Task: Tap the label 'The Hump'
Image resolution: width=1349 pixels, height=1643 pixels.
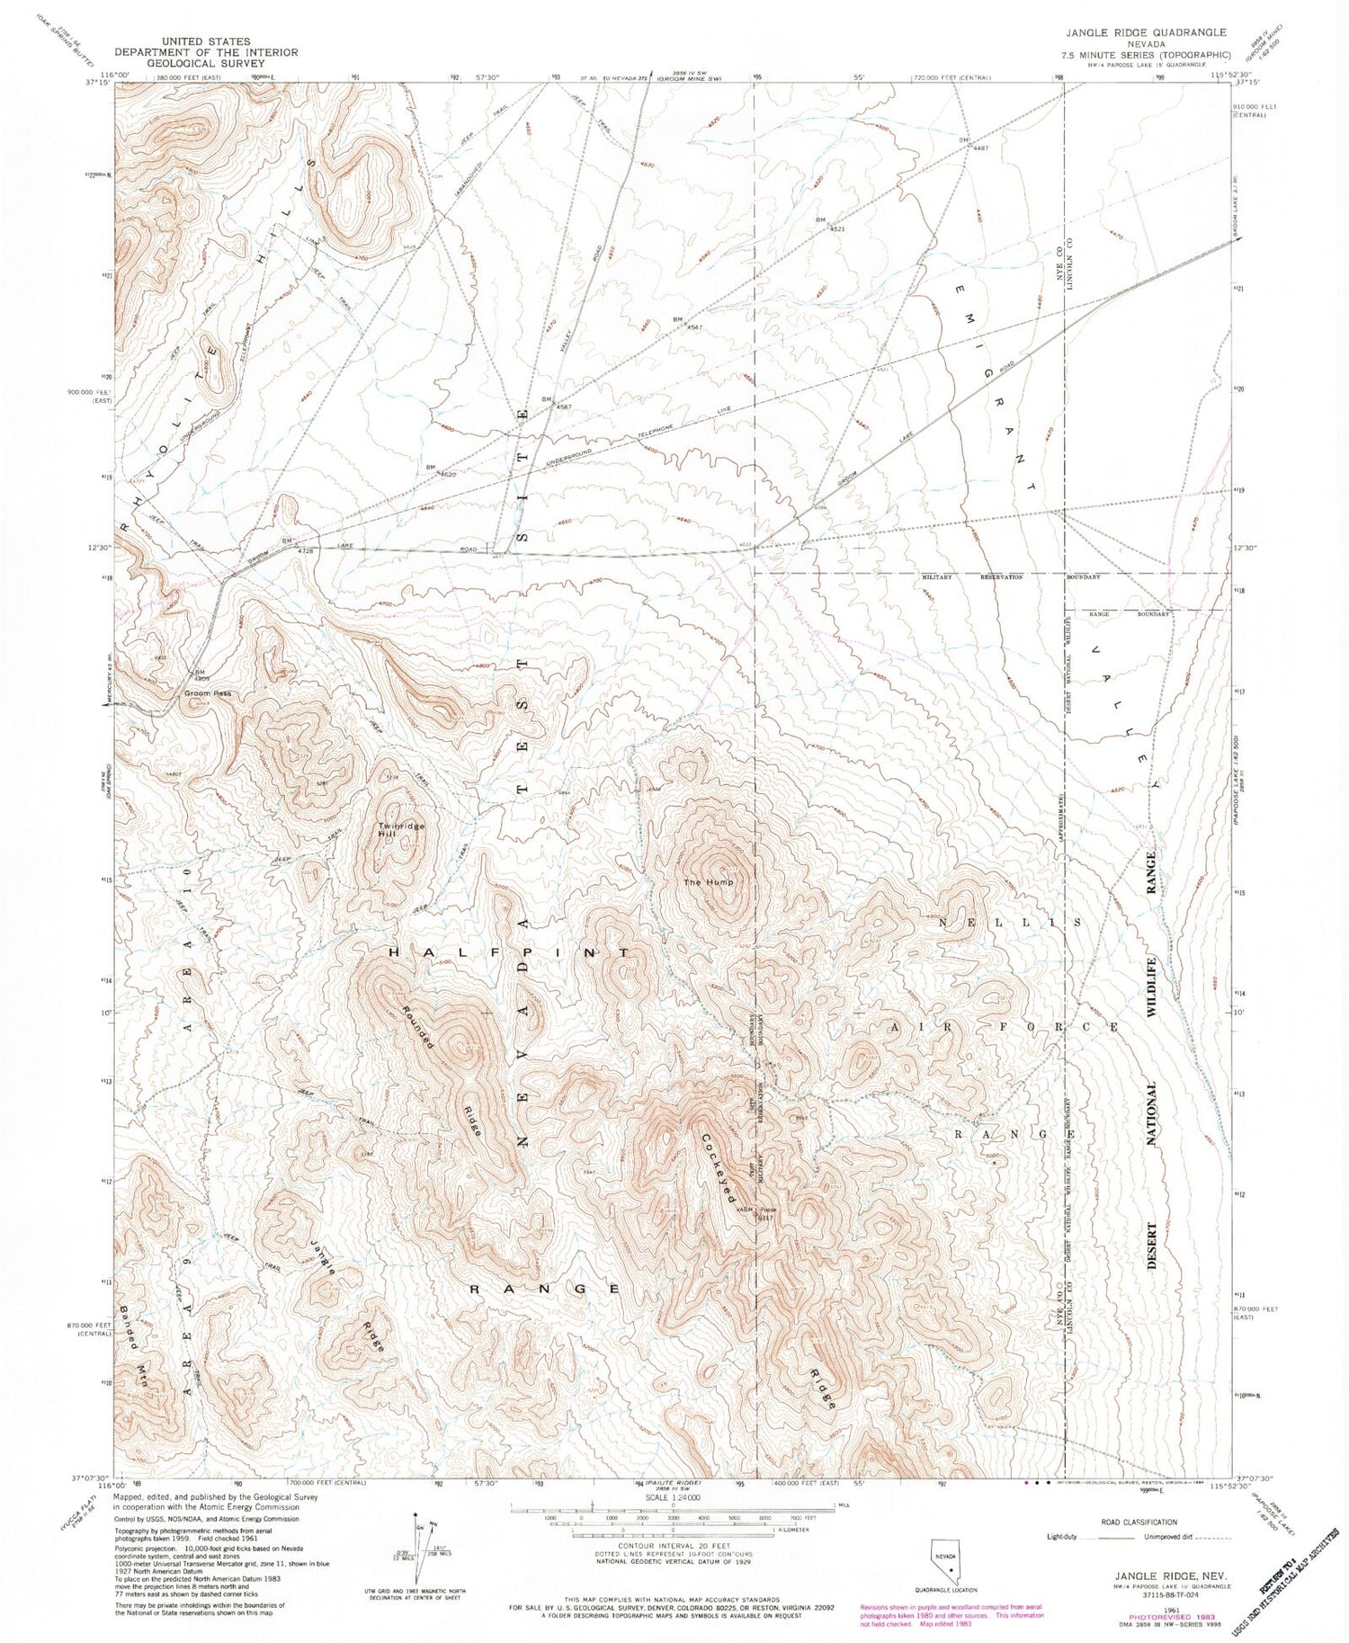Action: coord(709,882)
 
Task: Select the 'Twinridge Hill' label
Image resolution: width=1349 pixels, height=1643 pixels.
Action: coord(399,830)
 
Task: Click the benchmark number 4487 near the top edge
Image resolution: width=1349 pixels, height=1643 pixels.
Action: coord(979,148)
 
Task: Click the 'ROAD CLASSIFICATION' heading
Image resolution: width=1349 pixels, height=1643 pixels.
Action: coord(1139,1522)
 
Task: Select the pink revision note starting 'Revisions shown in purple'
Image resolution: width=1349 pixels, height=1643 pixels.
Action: coord(951,1615)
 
